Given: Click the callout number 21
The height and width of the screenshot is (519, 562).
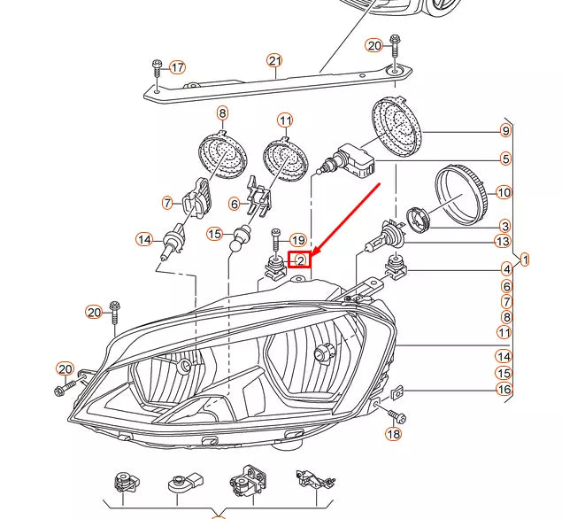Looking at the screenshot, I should click(274, 60).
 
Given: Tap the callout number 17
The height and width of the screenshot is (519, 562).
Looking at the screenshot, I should click(177, 67).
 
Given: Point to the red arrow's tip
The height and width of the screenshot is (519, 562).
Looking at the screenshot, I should click(309, 254).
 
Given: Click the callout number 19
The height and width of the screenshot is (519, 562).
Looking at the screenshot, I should click(297, 240).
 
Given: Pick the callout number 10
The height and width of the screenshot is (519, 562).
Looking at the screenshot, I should click(504, 192).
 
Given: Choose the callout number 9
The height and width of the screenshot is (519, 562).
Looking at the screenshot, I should click(505, 131).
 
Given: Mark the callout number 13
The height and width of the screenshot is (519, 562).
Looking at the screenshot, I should click(504, 241).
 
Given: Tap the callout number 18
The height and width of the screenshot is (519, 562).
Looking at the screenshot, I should click(393, 434).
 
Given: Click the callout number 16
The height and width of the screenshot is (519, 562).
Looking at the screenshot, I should click(504, 390).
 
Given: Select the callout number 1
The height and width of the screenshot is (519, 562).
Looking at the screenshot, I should click(525, 259).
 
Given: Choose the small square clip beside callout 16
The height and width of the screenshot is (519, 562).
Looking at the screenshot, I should click(398, 389).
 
